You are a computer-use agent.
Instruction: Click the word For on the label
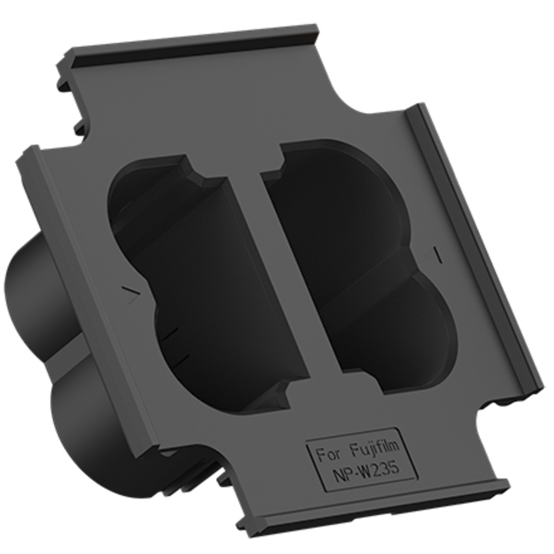click(x=329, y=454)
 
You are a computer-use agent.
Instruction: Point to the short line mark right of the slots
click(x=438, y=255)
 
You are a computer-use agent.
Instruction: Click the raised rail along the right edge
click(x=476, y=251)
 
